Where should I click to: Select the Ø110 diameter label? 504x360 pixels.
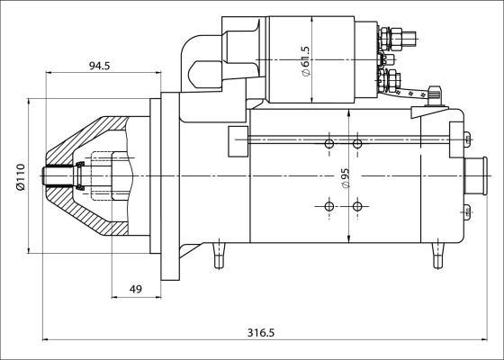pos(20,177)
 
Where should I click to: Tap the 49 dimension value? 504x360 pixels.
pos(136,289)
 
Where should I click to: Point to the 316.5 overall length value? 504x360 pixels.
pos(260,333)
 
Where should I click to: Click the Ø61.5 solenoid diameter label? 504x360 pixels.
pos(306,61)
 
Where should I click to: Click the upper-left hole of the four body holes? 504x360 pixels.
pos(329,144)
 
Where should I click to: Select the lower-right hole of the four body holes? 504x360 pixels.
pos(357,207)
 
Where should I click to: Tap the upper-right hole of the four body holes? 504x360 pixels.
pos(357,144)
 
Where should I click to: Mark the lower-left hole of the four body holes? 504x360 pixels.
pos(329,207)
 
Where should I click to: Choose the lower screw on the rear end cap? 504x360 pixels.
pos(465,212)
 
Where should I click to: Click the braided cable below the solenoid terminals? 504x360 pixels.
pos(415,92)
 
